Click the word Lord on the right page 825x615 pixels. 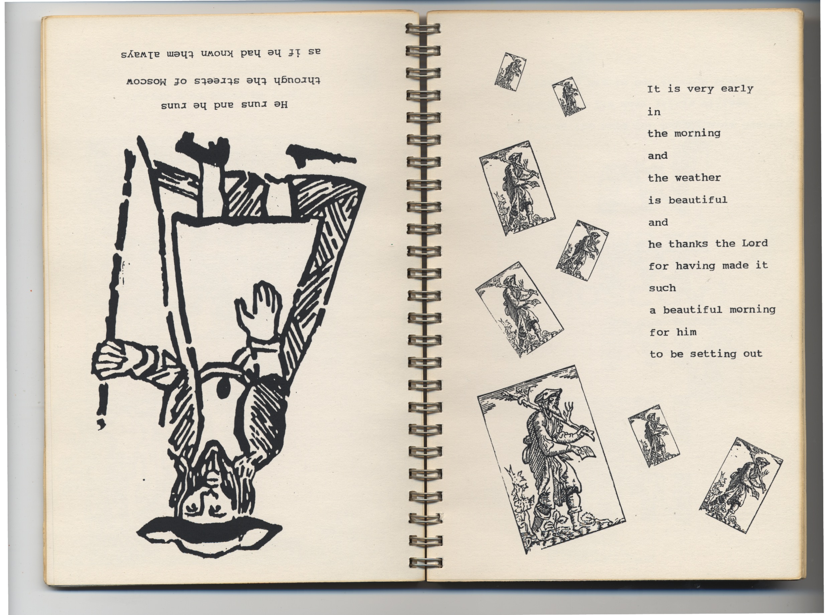[x=754, y=243]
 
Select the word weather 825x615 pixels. [x=698, y=178]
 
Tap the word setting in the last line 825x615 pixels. [x=713, y=354]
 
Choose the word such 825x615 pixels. [x=662, y=288]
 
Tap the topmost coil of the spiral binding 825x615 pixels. [x=423, y=29]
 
